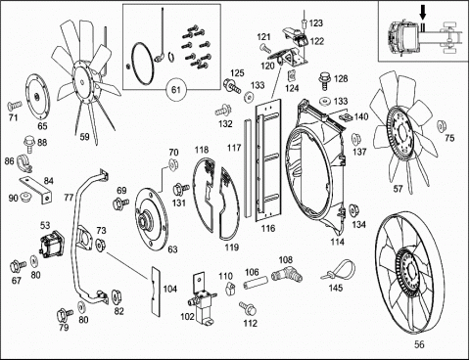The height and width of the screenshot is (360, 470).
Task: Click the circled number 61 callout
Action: click(x=176, y=89)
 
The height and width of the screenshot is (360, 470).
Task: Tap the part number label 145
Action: click(x=336, y=288)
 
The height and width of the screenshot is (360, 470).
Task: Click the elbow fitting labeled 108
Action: click(x=286, y=275)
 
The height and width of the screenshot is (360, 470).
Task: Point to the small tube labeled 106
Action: click(x=257, y=282)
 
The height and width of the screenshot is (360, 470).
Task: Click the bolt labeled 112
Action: click(x=248, y=307)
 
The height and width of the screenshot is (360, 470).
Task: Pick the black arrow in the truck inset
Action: click(x=423, y=14)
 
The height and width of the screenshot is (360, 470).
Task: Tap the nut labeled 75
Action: click(x=442, y=125)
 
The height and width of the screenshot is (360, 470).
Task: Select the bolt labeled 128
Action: click(x=324, y=80)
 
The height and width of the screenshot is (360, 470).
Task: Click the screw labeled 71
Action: click(x=14, y=106)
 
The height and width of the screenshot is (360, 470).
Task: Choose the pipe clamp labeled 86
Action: click(x=23, y=162)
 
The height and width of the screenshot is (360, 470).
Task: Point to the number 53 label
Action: click(x=45, y=225)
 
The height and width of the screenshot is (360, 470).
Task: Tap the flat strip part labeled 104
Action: click(x=156, y=292)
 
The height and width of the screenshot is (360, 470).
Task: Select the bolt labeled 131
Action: click(x=180, y=189)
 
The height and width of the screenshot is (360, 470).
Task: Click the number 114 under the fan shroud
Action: click(x=337, y=242)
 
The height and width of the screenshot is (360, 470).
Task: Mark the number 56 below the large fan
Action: click(x=419, y=344)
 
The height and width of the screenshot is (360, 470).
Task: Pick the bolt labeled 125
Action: click(x=232, y=86)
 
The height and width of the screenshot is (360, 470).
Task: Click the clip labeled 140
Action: click(x=346, y=116)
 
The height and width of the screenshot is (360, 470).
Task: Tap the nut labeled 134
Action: click(x=353, y=210)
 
